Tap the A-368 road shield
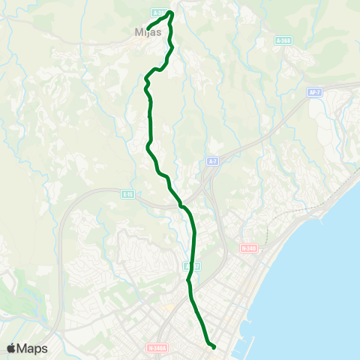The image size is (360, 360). click(283, 40)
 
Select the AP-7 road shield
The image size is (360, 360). click(314, 92)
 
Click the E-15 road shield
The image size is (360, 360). click(127, 193)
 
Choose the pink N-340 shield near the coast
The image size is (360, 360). click(248, 247)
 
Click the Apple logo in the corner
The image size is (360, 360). click(12, 348)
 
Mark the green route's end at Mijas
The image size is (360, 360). click(148, 29)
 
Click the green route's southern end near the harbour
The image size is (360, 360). click(214, 346)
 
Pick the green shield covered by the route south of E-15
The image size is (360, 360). click(190, 265)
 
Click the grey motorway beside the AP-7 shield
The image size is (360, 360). click(330, 88)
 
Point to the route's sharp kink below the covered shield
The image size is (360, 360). click(188, 280)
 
